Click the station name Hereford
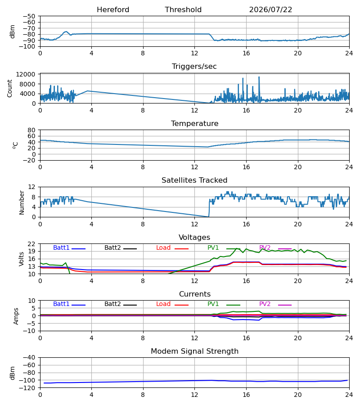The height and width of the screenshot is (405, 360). [113, 10]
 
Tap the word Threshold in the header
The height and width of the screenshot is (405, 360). [183, 10]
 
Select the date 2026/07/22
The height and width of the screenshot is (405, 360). [270, 10]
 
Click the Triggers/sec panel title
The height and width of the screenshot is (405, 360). [194, 67]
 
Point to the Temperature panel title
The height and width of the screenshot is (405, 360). [194, 123]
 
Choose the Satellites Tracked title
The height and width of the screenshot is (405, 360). [194, 180]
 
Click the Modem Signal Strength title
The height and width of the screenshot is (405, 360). [194, 351]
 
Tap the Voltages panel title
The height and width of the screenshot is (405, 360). [194, 237]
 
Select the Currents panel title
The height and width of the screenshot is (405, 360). [195, 294]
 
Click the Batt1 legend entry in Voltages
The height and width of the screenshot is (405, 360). [69, 247]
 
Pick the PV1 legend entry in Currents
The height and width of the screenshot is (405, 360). [224, 304]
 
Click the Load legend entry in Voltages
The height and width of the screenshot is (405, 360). [172, 247]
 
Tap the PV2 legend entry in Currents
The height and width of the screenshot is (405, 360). [275, 304]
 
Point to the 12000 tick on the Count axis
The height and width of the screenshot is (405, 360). [26, 74]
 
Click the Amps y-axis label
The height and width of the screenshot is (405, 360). [16, 316]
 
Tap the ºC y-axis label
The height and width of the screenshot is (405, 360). [15, 145]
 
